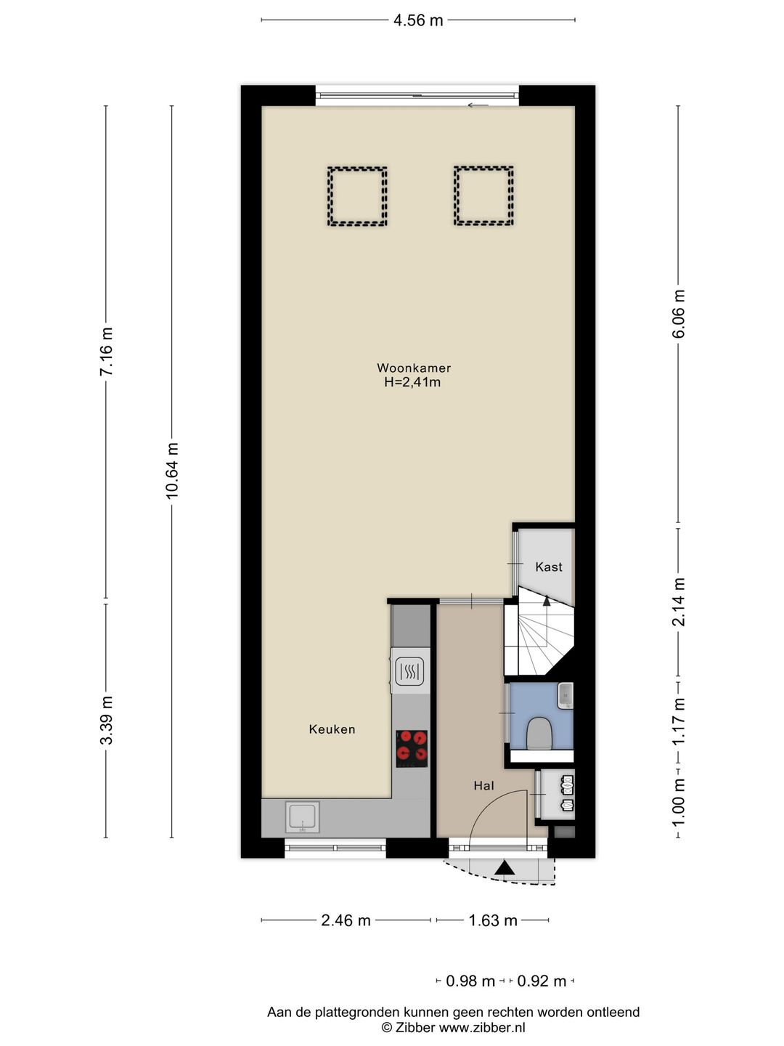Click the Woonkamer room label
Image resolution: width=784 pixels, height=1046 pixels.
414,368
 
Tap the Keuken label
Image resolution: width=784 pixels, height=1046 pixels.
332,729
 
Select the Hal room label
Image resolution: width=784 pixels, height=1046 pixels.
483,786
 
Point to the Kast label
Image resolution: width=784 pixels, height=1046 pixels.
548,567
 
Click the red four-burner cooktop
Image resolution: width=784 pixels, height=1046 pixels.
412,749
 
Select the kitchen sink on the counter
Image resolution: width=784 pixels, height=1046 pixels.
302,817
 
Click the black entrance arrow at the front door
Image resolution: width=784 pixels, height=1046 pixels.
505,868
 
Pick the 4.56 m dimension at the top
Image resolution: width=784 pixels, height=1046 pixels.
418,20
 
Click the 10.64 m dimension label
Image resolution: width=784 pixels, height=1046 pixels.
172,471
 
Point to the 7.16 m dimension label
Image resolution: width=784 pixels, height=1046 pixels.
106,351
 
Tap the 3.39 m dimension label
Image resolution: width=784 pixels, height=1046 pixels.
106,720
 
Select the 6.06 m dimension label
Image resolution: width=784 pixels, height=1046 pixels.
678,314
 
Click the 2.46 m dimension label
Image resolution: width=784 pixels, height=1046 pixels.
346,920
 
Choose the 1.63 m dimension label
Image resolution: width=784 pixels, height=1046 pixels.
493,920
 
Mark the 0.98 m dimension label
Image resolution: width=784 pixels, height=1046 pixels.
470,981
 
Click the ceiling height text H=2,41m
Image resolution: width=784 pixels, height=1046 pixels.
412,381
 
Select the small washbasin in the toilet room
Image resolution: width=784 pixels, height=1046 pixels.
565,696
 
